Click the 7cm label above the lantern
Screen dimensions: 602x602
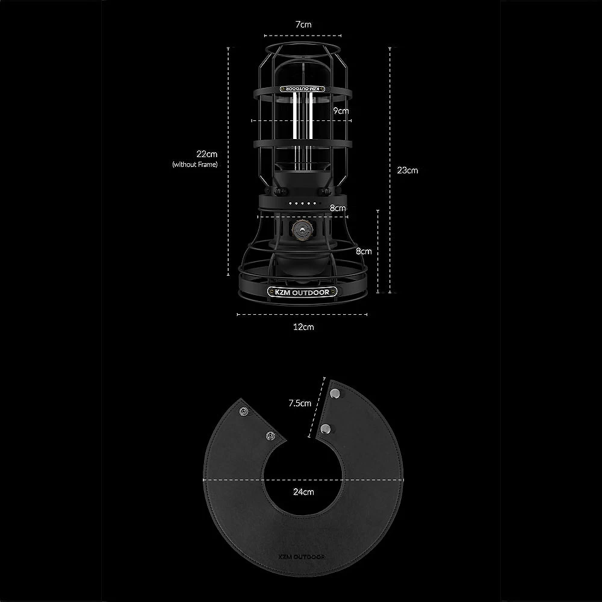pos(302,25)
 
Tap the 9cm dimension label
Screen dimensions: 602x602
pos(341,111)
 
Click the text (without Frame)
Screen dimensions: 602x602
pos(194,164)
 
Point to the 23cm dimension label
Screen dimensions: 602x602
pos(408,170)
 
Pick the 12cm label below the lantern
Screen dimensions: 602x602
pos(303,327)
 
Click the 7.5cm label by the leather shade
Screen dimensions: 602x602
pos(300,403)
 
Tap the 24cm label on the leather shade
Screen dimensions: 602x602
pos(303,492)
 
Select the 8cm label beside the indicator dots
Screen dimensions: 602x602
pos(338,208)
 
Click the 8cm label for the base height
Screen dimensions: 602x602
pos(364,251)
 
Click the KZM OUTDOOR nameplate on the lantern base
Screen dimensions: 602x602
pos(302,293)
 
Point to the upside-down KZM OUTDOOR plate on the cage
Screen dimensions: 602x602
pos(303,88)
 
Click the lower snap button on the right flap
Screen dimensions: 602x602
pos(326,429)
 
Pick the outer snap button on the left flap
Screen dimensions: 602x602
pos(244,411)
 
